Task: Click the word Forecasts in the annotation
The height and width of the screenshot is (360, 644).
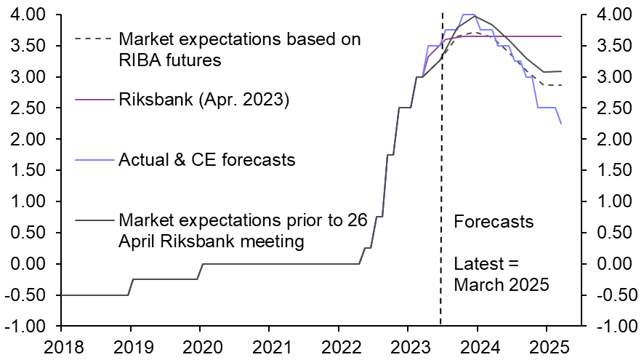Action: tap(494, 221)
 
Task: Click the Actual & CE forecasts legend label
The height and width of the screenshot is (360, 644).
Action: tap(207, 159)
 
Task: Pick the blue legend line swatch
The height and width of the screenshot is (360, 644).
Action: tap(94, 159)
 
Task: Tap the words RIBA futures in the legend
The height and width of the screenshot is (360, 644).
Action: tap(169, 60)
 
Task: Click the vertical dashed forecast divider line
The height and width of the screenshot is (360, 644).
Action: tap(442, 182)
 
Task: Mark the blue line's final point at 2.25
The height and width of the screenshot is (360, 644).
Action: tap(561, 124)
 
